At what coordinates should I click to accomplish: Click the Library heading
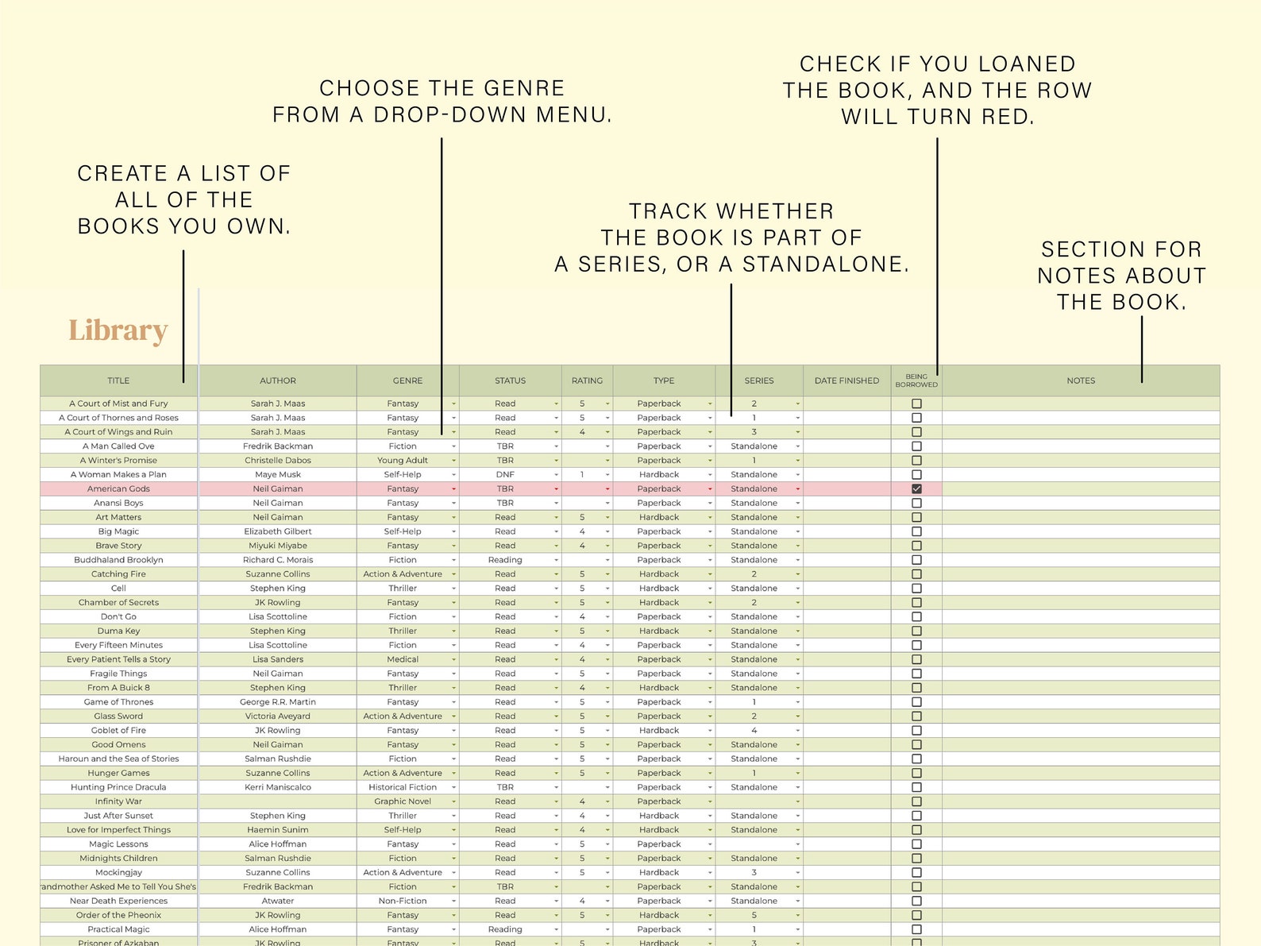[x=118, y=330]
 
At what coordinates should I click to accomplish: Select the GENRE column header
[x=407, y=380]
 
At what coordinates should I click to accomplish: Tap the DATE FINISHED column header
[x=846, y=380]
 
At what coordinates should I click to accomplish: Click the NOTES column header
[x=1080, y=380]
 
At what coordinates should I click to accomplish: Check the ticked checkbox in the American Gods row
[x=916, y=489]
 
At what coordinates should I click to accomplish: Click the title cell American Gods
[x=118, y=489]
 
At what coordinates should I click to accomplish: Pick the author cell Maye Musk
[x=278, y=475]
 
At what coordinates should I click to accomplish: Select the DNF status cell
[x=505, y=475]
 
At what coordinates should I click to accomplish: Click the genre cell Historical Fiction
[x=403, y=787]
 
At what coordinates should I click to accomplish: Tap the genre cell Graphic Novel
[x=403, y=801]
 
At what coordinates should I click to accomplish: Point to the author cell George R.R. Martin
[x=278, y=702]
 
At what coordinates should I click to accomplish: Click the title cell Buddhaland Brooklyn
[x=118, y=560]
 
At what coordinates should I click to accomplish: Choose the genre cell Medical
[x=403, y=659]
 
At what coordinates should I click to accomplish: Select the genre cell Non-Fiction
[x=403, y=901]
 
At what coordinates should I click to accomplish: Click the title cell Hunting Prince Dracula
[x=118, y=787]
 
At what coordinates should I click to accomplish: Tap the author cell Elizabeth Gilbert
[x=278, y=531]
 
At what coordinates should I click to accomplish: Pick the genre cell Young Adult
[x=403, y=461]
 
